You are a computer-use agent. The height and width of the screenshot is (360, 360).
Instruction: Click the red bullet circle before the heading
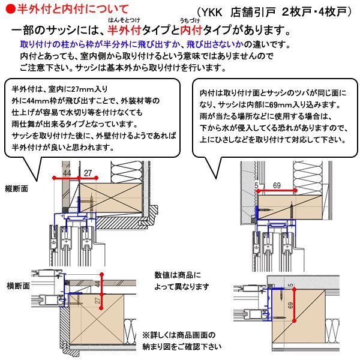tap(6, 8)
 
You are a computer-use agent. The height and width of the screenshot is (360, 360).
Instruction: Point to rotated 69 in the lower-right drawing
tap(290, 306)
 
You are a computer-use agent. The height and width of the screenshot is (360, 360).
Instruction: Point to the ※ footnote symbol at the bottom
tap(145, 334)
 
